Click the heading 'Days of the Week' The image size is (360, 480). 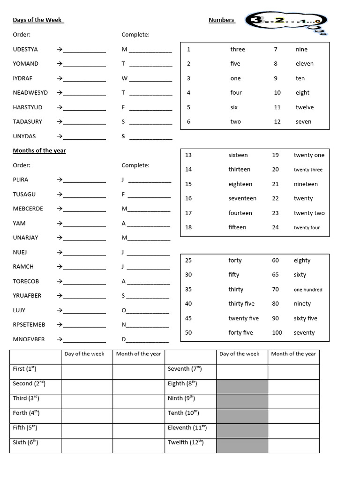click(x=37, y=20)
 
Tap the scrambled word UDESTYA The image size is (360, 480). click(x=25, y=49)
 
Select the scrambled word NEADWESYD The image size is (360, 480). click(x=30, y=93)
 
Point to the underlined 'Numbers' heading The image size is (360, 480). click(x=221, y=20)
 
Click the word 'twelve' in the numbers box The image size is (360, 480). click(x=304, y=107)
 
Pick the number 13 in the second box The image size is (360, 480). click(x=188, y=155)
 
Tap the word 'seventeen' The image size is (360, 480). click(x=242, y=198)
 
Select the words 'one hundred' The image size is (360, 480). click(x=308, y=290)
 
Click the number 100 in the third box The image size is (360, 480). click(x=277, y=333)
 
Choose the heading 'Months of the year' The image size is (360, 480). click(x=39, y=150)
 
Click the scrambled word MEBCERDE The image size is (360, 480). click(x=28, y=209)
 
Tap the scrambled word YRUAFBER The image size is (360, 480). click(x=27, y=296)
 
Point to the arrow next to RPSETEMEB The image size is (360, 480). click(x=60, y=325)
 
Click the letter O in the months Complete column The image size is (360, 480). click(x=124, y=310)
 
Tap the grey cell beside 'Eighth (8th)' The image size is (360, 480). click(x=242, y=387)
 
